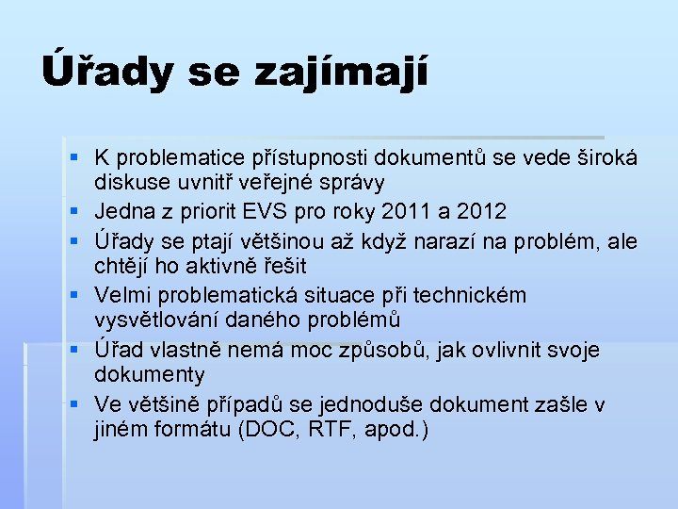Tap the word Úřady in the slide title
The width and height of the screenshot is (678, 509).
point(105,71)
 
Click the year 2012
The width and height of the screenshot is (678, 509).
point(484,210)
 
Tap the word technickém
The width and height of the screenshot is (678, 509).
point(468,295)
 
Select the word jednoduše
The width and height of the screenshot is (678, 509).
point(369,405)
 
